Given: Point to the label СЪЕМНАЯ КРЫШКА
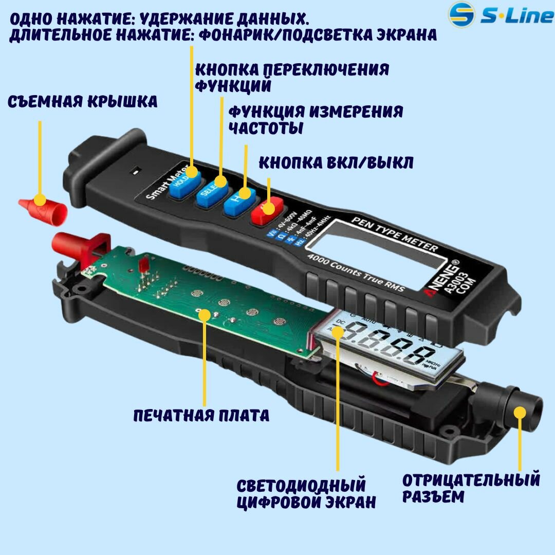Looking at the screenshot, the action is pyautogui.click(x=82, y=102).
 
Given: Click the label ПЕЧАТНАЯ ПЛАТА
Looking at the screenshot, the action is pyautogui.click(x=201, y=415).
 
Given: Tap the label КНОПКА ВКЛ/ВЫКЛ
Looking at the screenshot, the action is pyautogui.click(x=336, y=163).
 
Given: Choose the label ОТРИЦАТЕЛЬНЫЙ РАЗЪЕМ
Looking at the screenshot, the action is pyautogui.click(x=471, y=488).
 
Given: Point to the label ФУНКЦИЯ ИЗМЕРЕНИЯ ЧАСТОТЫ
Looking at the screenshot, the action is pyautogui.click(x=315, y=119).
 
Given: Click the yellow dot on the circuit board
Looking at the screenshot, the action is pyautogui.click(x=205, y=314).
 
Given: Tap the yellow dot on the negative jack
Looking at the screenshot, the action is pyautogui.click(x=520, y=412).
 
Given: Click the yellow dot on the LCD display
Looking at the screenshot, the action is pyautogui.click(x=338, y=331).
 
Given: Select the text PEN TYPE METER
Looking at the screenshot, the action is pyautogui.click(x=394, y=235).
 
